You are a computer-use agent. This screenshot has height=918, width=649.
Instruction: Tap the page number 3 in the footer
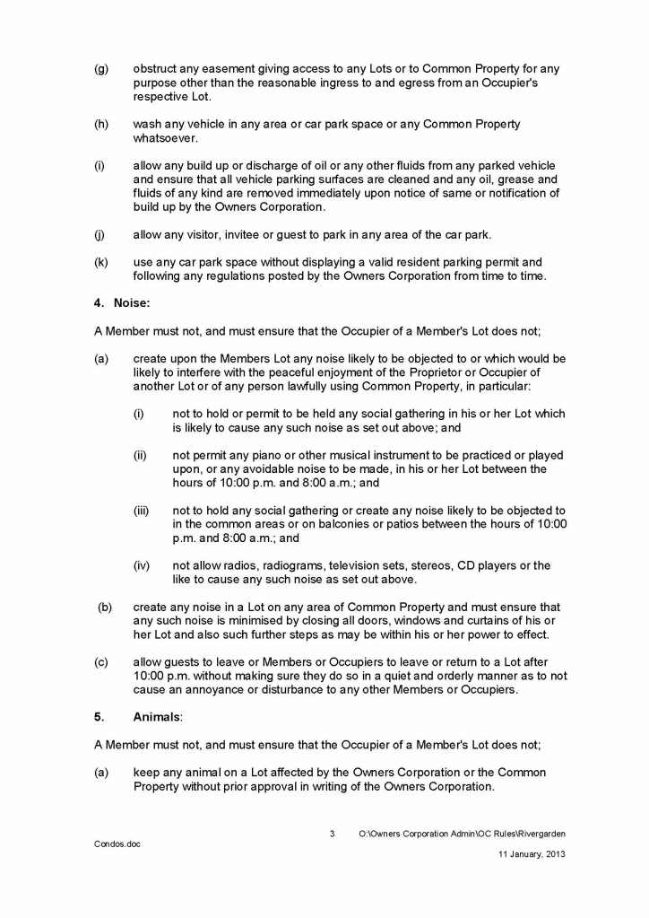(x=333, y=834)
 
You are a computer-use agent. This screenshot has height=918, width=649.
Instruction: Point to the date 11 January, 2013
(x=532, y=854)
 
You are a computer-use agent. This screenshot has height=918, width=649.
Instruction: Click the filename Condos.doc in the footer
(x=117, y=844)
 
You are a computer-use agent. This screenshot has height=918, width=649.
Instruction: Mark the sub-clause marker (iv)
(x=141, y=565)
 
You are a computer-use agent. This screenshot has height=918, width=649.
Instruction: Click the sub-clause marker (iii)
(x=141, y=511)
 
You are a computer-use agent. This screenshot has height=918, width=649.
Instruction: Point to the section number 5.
(x=100, y=717)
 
